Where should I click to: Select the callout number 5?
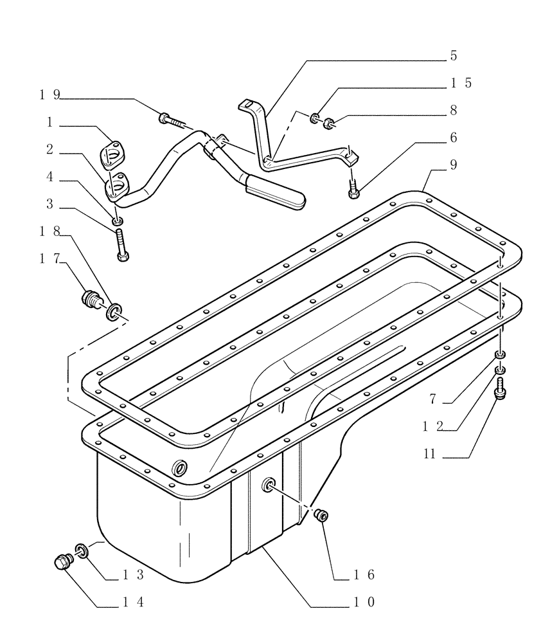(453, 56)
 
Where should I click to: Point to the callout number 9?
(453, 165)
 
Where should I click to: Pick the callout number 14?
(134, 602)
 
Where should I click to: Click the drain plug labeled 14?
(63, 562)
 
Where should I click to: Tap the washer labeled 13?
(82, 550)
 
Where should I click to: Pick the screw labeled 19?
(168, 119)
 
